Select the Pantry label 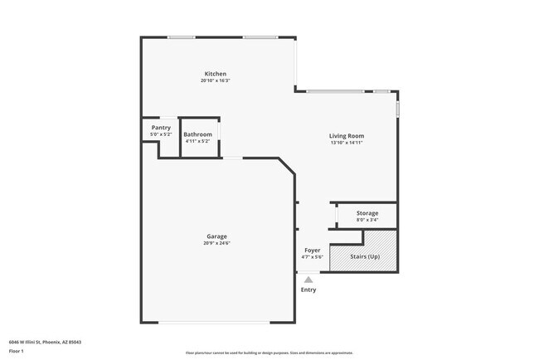(x=161, y=128)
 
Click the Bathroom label (x=197, y=134)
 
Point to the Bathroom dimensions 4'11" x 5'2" (x=197, y=141)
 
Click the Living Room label (x=347, y=136)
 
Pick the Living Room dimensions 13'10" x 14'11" (x=347, y=143)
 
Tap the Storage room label (x=367, y=213)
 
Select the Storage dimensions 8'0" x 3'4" (x=367, y=220)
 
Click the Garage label (x=216, y=236)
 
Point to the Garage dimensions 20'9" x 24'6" (x=216, y=243)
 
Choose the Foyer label (x=312, y=250)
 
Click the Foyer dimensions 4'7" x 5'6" (x=312, y=256)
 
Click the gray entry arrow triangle (x=308, y=280)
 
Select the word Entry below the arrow (x=308, y=289)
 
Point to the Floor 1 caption (x=16, y=351)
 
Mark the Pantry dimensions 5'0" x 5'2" (x=161, y=134)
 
